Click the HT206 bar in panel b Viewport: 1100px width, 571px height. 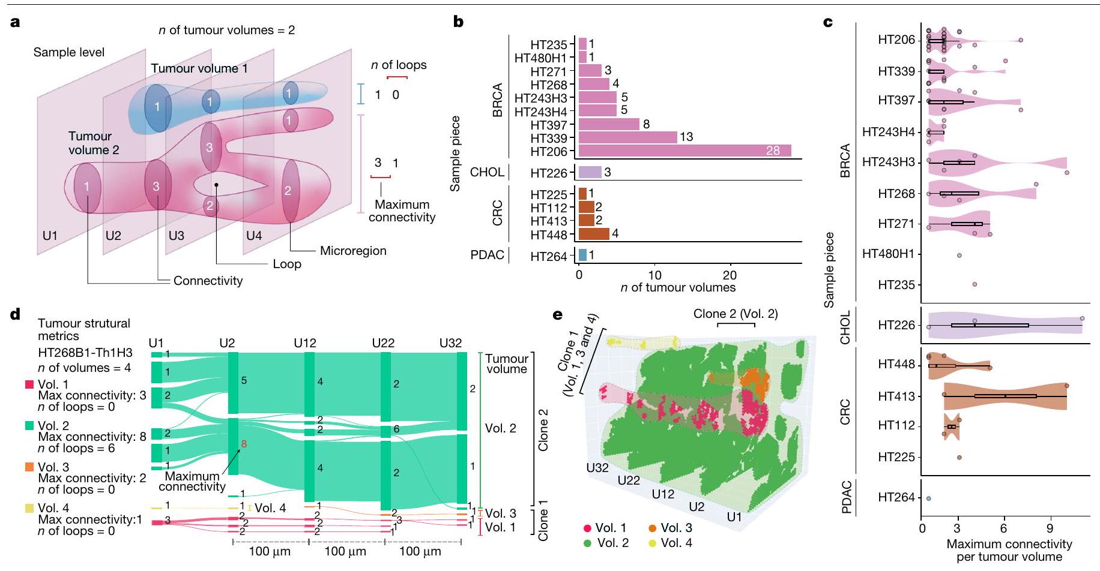[x=684, y=151]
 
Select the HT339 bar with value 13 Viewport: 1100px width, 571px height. [x=627, y=137]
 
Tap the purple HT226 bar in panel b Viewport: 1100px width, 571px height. [x=590, y=173]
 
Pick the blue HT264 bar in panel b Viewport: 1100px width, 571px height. [x=582, y=256]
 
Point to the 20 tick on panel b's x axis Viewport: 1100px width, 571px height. [x=730, y=275]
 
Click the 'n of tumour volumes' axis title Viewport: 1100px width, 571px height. [x=678, y=288]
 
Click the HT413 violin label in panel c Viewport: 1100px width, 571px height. [x=896, y=396]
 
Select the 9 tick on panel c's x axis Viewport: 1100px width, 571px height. [x=1050, y=528]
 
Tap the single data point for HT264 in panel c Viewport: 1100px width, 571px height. [x=928, y=498]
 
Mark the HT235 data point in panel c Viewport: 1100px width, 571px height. [x=975, y=284]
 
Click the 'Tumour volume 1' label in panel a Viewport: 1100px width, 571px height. [x=199, y=68]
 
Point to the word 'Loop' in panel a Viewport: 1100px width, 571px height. [x=287, y=264]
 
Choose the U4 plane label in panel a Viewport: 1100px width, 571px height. [x=254, y=236]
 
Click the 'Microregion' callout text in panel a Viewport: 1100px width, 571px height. [x=353, y=251]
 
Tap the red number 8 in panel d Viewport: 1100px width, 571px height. [x=244, y=444]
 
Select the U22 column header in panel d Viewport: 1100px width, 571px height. [x=383, y=343]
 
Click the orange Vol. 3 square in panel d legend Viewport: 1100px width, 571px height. [x=29, y=467]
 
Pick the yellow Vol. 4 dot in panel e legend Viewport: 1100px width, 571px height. [x=651, y=543]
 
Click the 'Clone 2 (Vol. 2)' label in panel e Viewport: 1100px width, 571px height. [x=736, y=314]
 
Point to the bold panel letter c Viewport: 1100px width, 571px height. [x=828, y=23]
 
